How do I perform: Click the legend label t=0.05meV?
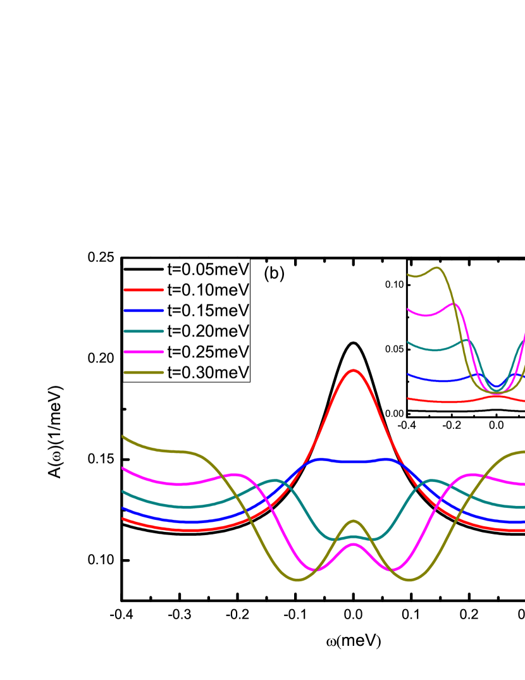click(208, 269)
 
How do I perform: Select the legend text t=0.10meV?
click(208, 290)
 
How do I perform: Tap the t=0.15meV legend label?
click(208, 311)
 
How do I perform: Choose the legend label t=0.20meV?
click(208, 331)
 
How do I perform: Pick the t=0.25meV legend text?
click(208, 351)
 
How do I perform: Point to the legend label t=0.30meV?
click(208, 372)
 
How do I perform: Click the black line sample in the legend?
click(144, 269)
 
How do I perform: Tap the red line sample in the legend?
click(144, 290)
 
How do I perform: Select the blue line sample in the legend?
click(144, 311)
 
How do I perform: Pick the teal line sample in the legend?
click(144, 331)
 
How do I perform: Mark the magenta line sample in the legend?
click(144, 352)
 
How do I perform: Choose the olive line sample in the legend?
click(144, 372)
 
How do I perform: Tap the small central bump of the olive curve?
click(354, 521)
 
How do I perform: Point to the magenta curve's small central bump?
click(354, 544)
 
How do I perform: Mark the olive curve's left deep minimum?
click(298, 579)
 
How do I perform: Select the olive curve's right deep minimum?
click(409, 579)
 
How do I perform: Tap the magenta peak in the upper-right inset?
click(454, 304)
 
